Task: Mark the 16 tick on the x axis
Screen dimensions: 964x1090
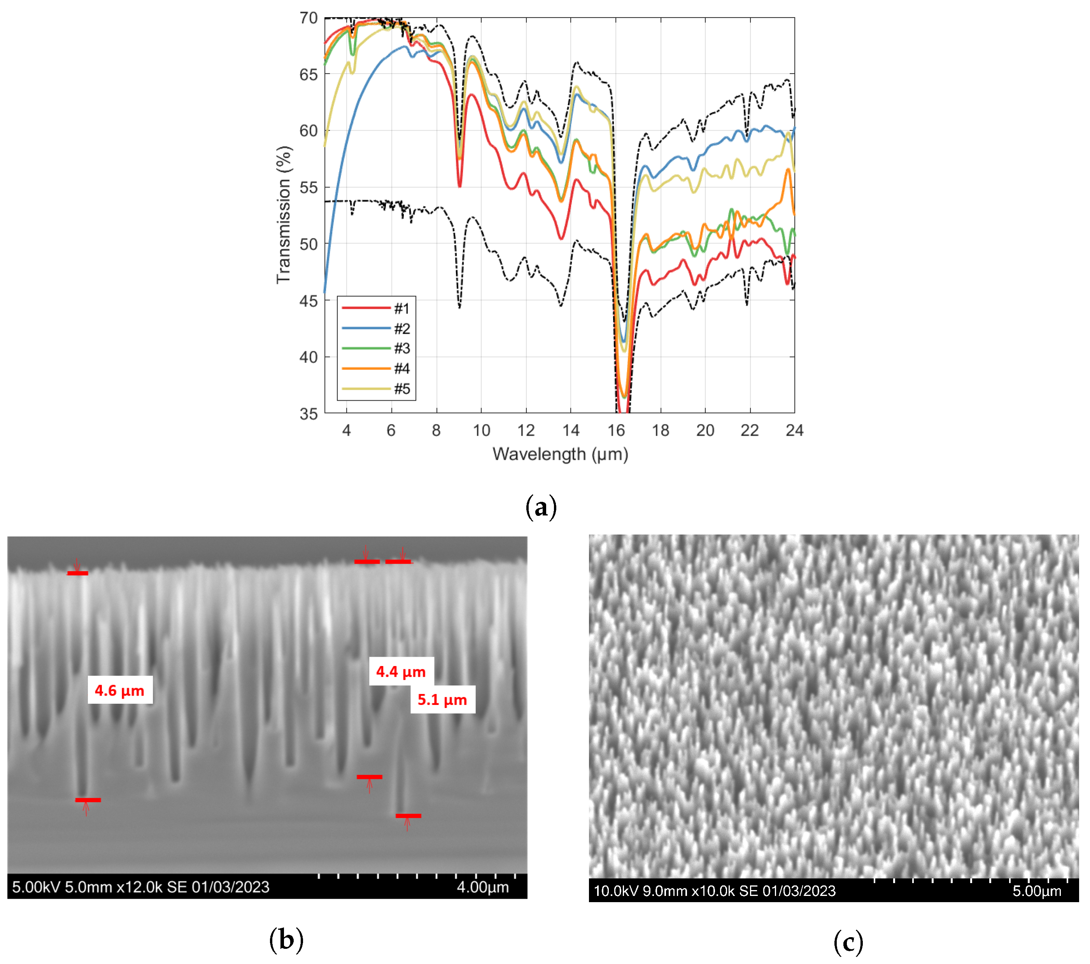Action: (616, 430)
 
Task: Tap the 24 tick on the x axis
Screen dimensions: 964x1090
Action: (794, 430)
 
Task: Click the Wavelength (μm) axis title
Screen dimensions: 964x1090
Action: (560, 454)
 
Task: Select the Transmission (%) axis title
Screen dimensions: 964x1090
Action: (283, 214)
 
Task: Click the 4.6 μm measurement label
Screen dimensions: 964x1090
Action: (119, 691)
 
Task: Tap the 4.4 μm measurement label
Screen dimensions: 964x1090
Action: (401, 671)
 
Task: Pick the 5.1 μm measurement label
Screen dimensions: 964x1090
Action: (442, 699)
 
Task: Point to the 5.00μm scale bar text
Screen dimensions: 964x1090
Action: (1037, 891)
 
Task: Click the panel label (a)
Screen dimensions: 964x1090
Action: (541, 507)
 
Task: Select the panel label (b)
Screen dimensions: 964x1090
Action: (286, 939)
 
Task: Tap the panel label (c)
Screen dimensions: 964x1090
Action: (848, 942)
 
